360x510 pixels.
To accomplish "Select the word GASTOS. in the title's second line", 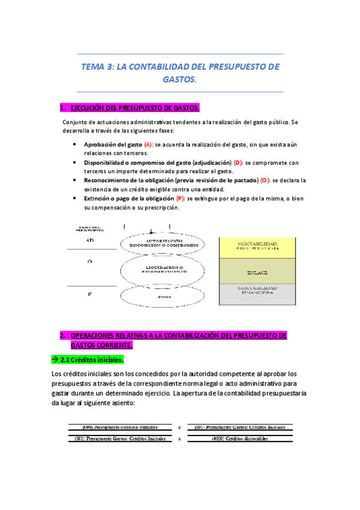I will pyautogui.click(x=180, y=79).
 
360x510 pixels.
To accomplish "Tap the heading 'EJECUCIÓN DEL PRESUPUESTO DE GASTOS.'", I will pyautogui.click(x=135, y=108).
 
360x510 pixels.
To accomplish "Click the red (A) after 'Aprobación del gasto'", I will pyautogui.click(x=148, y=145).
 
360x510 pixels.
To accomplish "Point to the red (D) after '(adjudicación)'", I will pyautogui.click(x=238, y=162).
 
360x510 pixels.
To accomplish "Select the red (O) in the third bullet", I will pyautogui.click(x=264, y=180).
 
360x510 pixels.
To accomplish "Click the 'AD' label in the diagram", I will pyautogui.click(x=90, y=239).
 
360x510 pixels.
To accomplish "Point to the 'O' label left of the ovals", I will pyautogui.click(x=90, y=262).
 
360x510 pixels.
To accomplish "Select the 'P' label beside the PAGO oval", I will pyautogui.click(x=90, y=294).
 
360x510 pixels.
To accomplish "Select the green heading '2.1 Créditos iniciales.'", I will pyautogui.click(x=88, y=360).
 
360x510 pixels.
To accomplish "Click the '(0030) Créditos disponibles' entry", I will pyautogui.click(x=240, y=438).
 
